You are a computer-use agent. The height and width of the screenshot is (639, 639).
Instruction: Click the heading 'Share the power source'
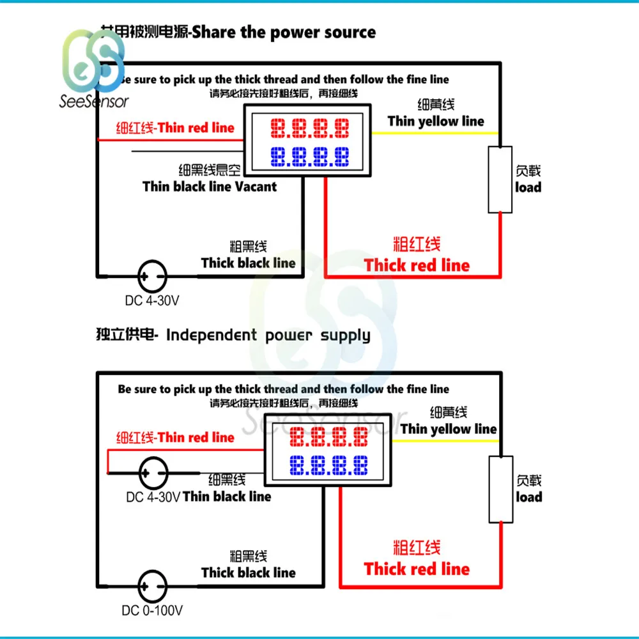(284, 33)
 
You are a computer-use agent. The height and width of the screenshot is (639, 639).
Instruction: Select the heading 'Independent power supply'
(268, 335)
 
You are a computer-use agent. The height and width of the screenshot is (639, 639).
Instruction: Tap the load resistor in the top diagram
(500, 180)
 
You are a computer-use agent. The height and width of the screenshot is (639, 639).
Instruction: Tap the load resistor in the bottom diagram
(501, 490)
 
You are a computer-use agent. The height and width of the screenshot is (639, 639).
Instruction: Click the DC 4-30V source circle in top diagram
(152, 277)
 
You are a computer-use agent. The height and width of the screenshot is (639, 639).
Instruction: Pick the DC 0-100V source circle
(153, 585)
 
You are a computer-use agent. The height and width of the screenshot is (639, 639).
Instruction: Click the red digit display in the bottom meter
(328, 438)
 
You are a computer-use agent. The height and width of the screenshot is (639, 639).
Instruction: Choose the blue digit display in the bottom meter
(328, 465)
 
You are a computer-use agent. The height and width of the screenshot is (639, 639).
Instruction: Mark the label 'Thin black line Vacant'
(210, 187)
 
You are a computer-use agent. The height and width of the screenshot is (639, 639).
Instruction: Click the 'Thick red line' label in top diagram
(417, 265)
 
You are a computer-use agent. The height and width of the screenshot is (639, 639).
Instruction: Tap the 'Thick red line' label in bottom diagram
(417, 569)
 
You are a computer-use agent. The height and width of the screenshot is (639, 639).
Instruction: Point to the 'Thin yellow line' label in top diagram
(436, 121)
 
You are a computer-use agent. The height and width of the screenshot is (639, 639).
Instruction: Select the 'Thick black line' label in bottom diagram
(249, 573)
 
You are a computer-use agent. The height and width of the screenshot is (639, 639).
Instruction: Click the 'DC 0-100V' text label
(153, 611)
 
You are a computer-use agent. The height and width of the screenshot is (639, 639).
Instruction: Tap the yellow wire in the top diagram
(435, 133)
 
